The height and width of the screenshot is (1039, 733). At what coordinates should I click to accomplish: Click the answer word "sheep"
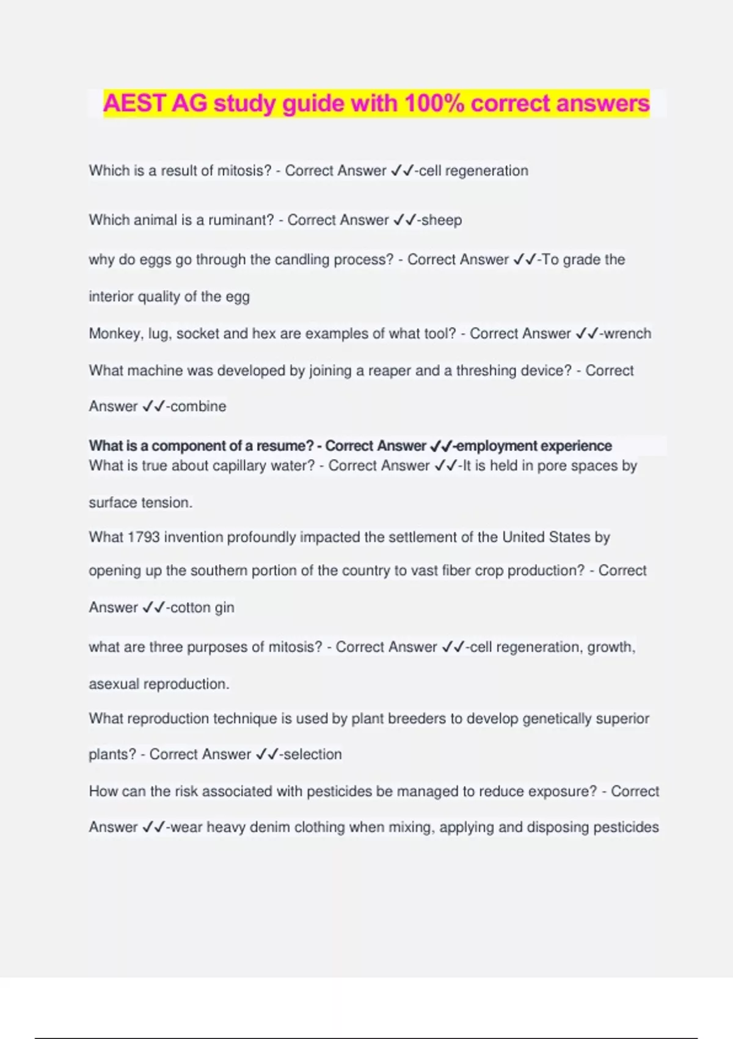click(442, 220)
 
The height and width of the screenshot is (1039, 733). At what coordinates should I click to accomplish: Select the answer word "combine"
click(198, 406)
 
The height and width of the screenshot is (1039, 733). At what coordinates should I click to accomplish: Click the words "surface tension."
click(140, 503)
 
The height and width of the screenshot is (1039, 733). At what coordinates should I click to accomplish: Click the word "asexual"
click(114, 684)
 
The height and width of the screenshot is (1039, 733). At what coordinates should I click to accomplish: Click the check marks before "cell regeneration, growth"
click(453, 647)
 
